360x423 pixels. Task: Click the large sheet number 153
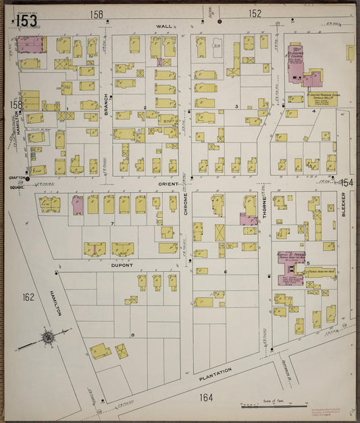[26, 20]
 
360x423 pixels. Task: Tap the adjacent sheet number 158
[97, 13]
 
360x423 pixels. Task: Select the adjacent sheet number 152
[255, 13]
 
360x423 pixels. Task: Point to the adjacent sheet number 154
[346, 183]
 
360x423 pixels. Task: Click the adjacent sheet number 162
[28, 297]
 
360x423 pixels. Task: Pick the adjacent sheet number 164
[206, 397]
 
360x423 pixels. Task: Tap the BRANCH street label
[106, 105]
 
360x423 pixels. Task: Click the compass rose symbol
[49, 337]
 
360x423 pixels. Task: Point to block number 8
[133, 335]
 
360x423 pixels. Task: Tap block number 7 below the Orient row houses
[112, 222]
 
